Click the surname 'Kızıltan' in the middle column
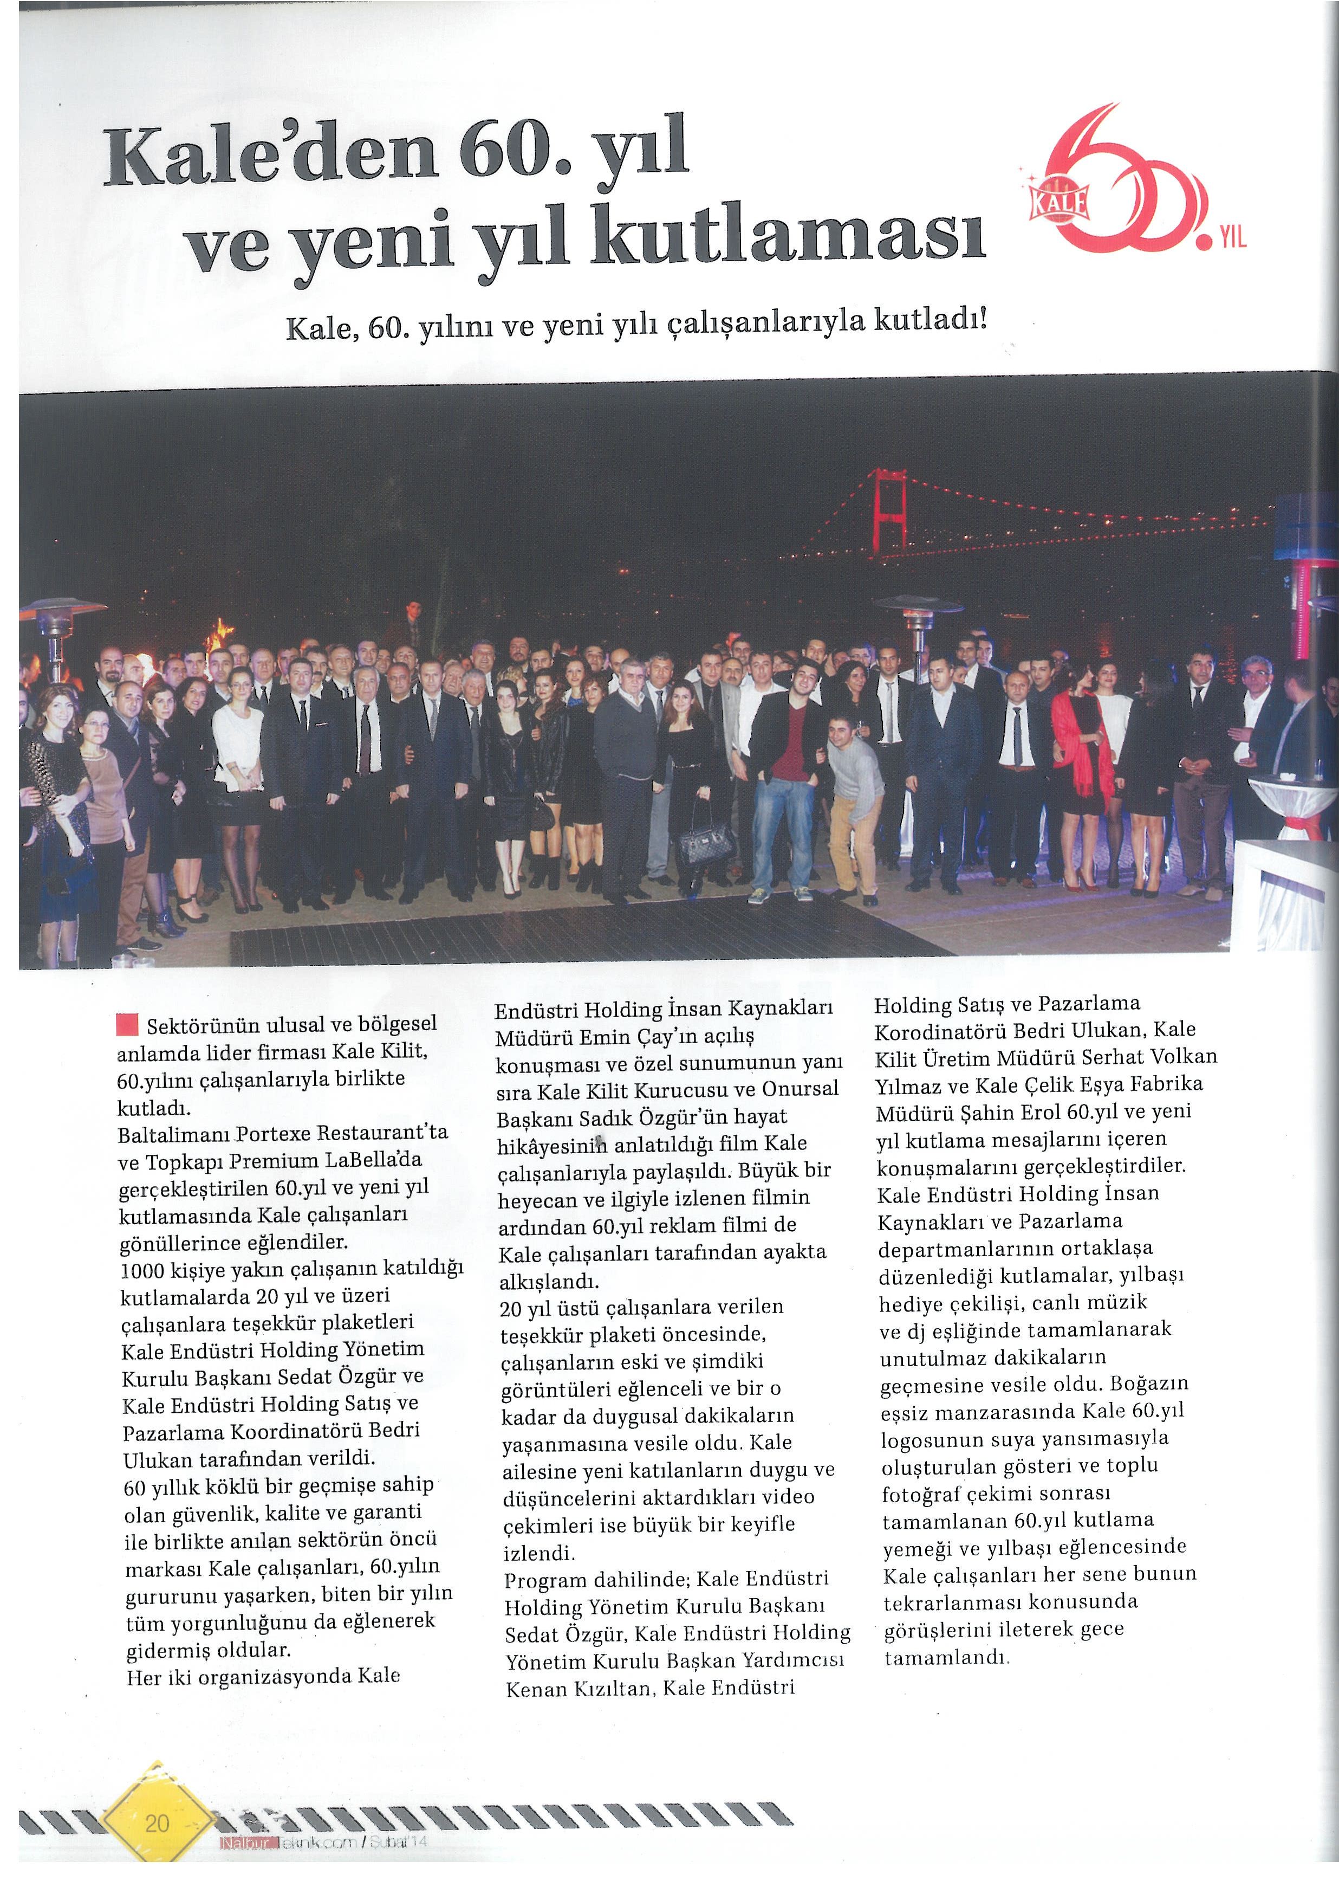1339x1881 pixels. [602, 1689]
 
